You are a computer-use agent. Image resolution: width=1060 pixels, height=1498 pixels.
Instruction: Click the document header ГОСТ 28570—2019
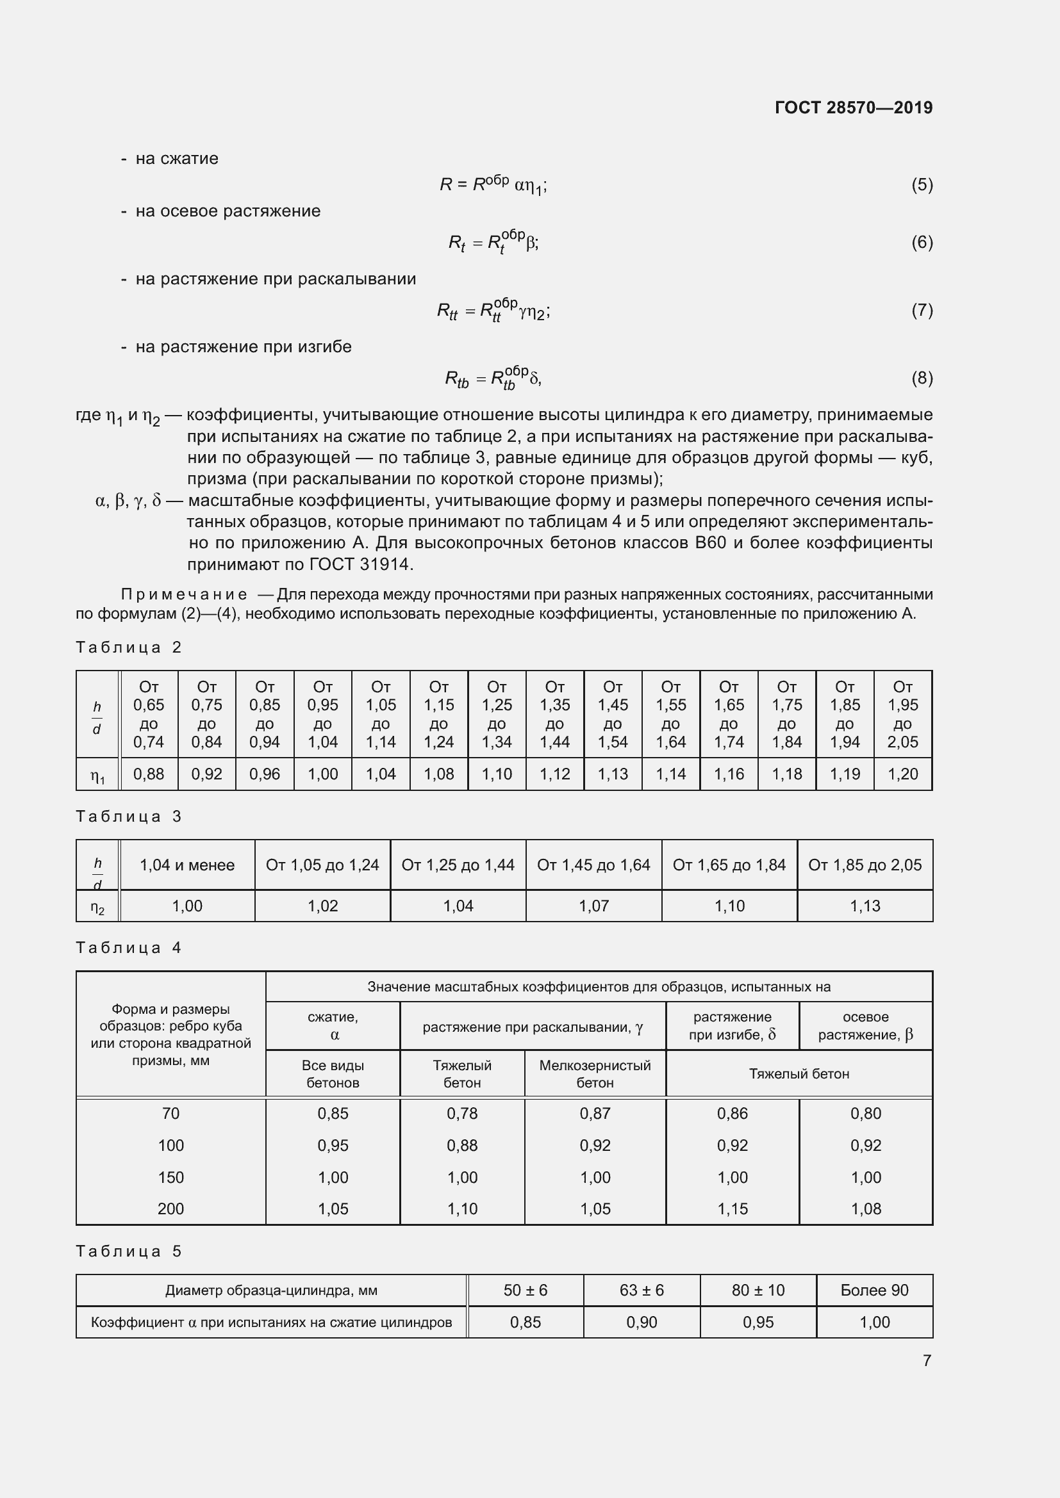853,108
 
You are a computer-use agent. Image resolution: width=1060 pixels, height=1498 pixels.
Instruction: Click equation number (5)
922,184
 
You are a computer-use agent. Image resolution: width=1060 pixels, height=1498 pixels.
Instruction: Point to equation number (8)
922,378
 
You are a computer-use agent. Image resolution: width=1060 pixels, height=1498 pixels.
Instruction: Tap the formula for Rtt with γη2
493,311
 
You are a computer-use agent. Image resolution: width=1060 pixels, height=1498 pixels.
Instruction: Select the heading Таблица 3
129,816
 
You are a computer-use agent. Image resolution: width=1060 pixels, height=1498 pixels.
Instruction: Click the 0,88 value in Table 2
149,774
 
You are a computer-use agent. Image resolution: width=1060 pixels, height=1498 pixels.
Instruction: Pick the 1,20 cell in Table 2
903,774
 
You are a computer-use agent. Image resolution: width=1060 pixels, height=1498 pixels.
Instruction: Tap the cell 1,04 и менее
186,865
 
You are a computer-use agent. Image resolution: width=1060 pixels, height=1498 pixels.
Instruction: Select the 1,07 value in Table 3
593,906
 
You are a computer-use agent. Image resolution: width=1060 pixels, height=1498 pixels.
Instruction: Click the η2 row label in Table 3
97,906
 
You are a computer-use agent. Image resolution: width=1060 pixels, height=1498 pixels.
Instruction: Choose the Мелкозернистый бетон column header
595,1073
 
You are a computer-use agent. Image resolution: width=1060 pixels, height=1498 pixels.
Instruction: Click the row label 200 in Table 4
170,1209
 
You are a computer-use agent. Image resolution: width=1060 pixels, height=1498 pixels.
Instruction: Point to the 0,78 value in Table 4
462,1113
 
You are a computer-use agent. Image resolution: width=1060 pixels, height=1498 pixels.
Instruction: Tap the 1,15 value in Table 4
733,1209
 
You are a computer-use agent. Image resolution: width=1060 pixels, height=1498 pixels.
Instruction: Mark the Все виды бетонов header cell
333,1073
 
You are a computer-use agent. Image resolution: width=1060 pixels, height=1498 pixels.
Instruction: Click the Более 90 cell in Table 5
874,1290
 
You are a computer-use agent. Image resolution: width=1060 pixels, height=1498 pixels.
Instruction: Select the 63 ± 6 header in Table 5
642,1290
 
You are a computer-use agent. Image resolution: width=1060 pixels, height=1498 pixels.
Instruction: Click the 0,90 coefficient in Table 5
642,1322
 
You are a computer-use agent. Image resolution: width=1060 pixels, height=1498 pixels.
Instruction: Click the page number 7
926,1360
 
